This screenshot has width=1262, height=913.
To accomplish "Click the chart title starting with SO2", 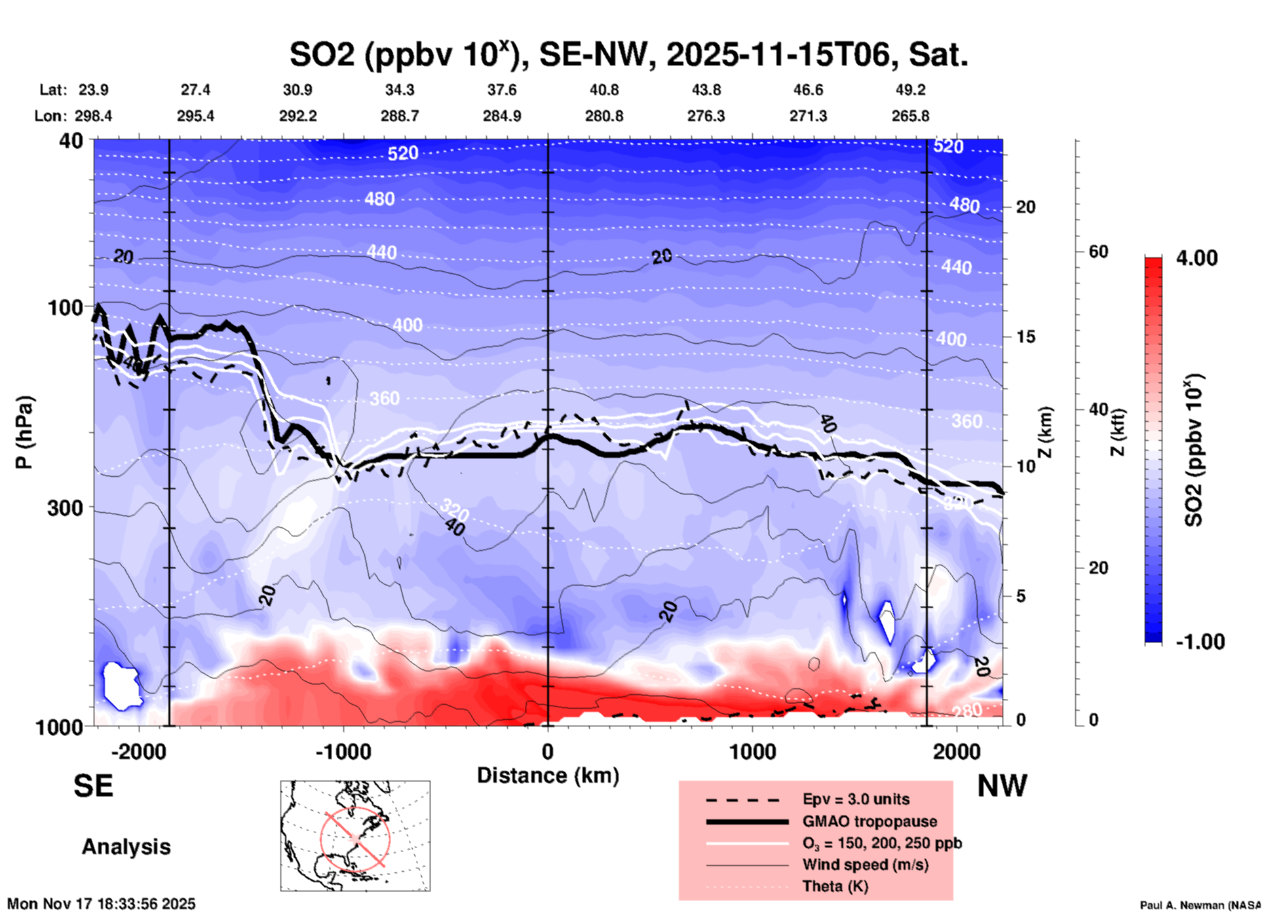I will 628,54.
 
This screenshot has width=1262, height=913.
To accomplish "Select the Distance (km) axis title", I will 548,775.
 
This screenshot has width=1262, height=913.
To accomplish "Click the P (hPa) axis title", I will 24,432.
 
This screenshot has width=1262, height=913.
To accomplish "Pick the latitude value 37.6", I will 502,90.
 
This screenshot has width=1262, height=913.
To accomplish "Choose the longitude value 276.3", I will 706,116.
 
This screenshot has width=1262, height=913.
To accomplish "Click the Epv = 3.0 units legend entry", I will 856,799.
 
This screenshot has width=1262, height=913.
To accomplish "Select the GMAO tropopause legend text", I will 870,821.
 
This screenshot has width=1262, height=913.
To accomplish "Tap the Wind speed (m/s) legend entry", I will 865,865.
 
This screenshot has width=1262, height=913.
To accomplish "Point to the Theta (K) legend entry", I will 835,886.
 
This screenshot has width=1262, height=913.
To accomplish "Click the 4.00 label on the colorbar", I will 1196,257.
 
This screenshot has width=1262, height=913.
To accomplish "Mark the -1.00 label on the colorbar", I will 1200,642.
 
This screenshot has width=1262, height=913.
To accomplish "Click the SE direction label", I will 93,786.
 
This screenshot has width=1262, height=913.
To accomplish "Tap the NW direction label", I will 1002,786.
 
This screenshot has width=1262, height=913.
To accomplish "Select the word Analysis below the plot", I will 126,847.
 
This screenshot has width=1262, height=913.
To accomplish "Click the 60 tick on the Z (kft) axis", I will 1098,252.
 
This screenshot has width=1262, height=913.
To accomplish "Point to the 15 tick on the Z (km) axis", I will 1025,337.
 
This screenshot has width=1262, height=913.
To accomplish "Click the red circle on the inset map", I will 355,838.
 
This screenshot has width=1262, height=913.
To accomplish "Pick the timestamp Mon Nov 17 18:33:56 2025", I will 101,904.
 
